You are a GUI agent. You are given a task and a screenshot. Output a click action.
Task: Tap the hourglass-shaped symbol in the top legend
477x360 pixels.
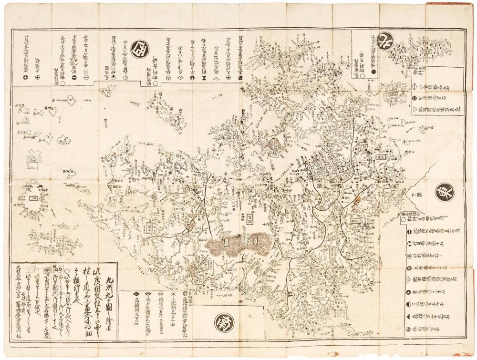point(204,76)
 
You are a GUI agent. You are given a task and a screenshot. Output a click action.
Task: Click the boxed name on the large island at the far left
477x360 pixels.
point(33,197)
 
